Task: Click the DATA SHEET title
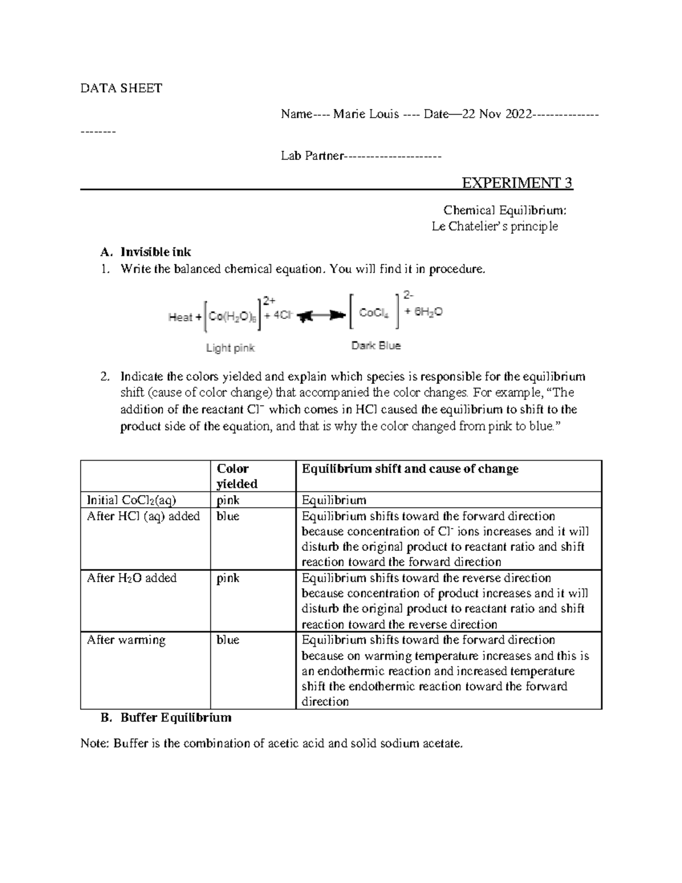[121, 88]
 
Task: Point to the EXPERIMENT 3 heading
[517, 183]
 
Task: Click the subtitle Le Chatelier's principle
[494, 226]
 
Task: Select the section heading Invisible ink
[156, 252]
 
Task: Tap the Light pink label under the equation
[231, 347]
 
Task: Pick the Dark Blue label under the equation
[376, 346]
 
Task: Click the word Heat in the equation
[180, 318]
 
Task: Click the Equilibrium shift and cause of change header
[410, 469]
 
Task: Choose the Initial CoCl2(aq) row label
[131, 500]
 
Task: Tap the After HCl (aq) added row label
[143, 516]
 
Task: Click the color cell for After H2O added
[228, 578]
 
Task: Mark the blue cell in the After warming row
[228, 640]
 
